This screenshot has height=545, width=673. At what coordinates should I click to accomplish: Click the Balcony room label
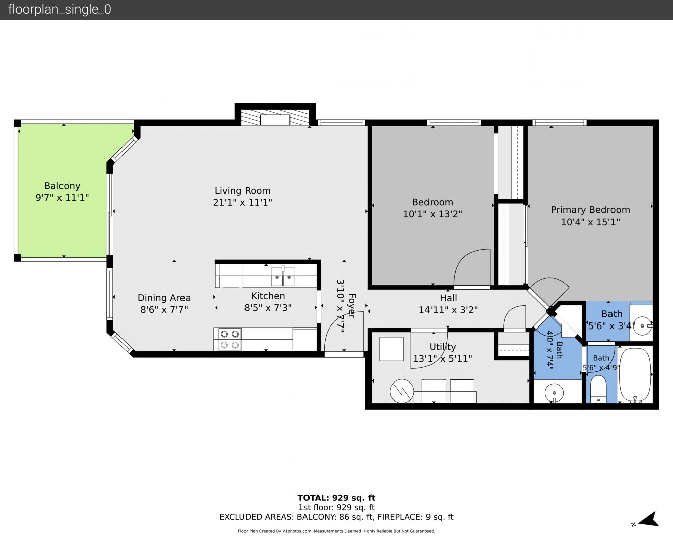click(x=62, y=186)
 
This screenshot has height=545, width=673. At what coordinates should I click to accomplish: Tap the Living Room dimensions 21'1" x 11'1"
click(x=242, y=202)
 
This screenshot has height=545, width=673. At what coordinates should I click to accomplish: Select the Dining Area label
click(x=164, y=298)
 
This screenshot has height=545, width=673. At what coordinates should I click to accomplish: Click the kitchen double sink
click(x=283, y=277)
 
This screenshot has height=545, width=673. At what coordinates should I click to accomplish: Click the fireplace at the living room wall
click(x=275, y=117)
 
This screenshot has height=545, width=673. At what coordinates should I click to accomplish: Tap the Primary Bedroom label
click(x=590, y=210)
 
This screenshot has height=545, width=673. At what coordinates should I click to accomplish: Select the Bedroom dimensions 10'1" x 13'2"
click(x=433, y=214)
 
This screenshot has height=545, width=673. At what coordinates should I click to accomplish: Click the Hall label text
click(x=448, y=298)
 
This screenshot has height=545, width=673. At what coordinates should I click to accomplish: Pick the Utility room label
click(x=442, y=347)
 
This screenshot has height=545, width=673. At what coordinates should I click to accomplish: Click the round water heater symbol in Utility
click(x=402, y=391)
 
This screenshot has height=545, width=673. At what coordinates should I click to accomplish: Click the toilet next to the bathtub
click(x=598, y=389)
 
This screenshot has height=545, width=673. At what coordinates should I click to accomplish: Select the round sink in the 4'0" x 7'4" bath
click(x=554, y=393)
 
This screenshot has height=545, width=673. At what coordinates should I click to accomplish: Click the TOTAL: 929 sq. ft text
click(x=337, y=498)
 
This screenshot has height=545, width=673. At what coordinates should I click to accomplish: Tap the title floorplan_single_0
click(x=59, y=10)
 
